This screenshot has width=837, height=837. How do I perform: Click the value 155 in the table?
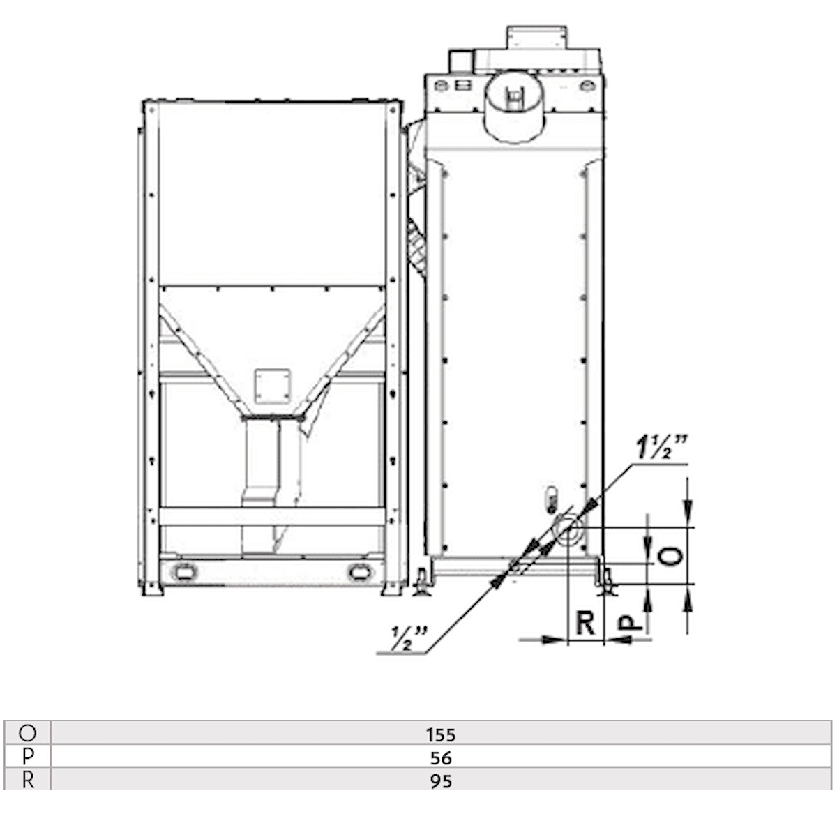441,734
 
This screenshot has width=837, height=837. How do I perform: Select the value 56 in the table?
441,757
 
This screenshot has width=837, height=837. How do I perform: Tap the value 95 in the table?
441,781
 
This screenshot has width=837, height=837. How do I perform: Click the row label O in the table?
28,733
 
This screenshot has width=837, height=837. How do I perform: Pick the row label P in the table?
28,757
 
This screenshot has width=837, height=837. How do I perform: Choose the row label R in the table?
28,780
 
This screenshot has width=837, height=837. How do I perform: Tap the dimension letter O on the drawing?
670,555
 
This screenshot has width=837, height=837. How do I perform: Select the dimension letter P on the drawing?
631,621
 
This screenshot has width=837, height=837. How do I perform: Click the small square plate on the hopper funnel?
272,386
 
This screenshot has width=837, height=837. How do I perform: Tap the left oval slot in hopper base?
185,571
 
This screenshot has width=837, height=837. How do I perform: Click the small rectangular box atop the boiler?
536,38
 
